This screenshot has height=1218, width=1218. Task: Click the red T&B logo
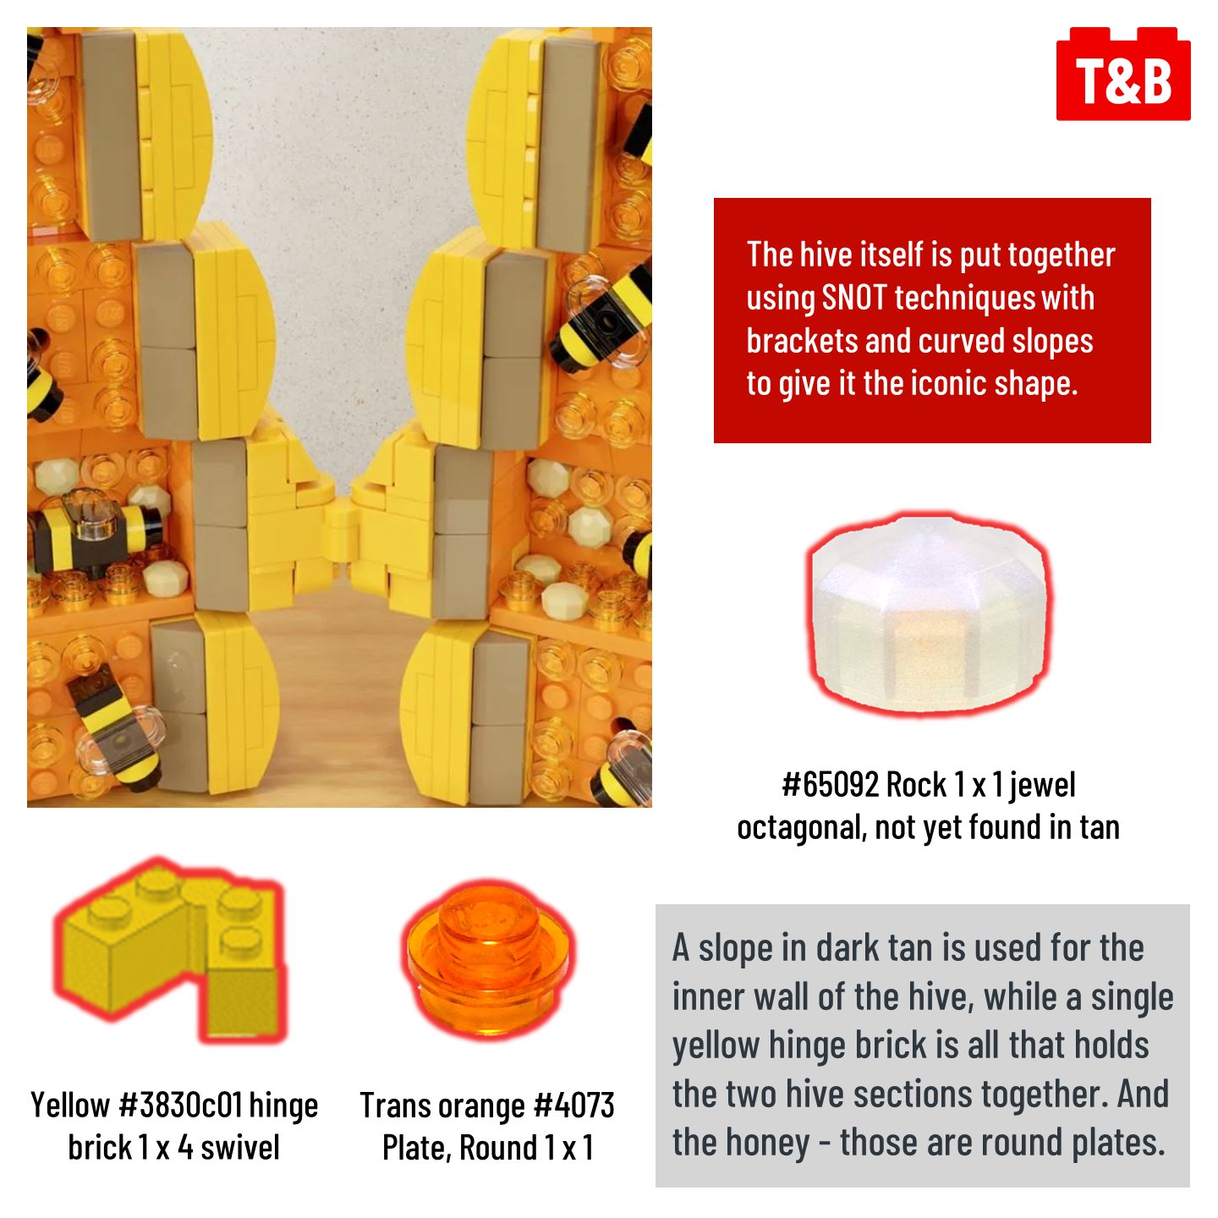[x=1123, y=74]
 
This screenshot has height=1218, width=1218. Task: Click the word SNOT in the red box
[x=854, y=298]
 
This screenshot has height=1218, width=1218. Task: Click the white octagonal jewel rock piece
[x=927, y=614]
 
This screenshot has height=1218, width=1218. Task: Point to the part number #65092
[x=830, y=785]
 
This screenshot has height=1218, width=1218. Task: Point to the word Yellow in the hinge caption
[x=70, y=1106]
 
